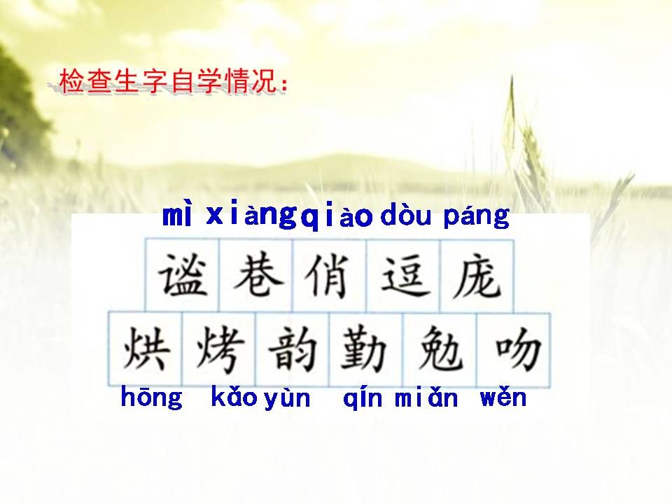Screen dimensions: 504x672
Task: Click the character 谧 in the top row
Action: pyautogui.click(x=182, y=275)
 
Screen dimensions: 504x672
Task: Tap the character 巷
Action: pyautogui.click(x=257, y=275)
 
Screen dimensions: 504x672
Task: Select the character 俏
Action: pyautogui.click(x=330, y=275)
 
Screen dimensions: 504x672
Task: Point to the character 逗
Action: pyautogui.click(x=404, y=275)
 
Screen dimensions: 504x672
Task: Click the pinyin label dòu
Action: pyautogui.click(x=406, y=217)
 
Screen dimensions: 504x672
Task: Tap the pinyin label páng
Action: pyautogui.click(x=477, y=218)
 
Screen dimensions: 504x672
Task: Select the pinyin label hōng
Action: pyautogui.click(x=151, y=398)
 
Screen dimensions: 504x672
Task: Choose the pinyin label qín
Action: pyautogui.click(x=363, y=399)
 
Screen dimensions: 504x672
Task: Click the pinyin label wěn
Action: pyautogui.click(x=503, y=398)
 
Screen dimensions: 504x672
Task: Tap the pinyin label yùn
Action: pyautogui.click(x=287, y=399)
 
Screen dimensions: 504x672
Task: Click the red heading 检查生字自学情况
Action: pyautogui.click(x=174, y=82)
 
